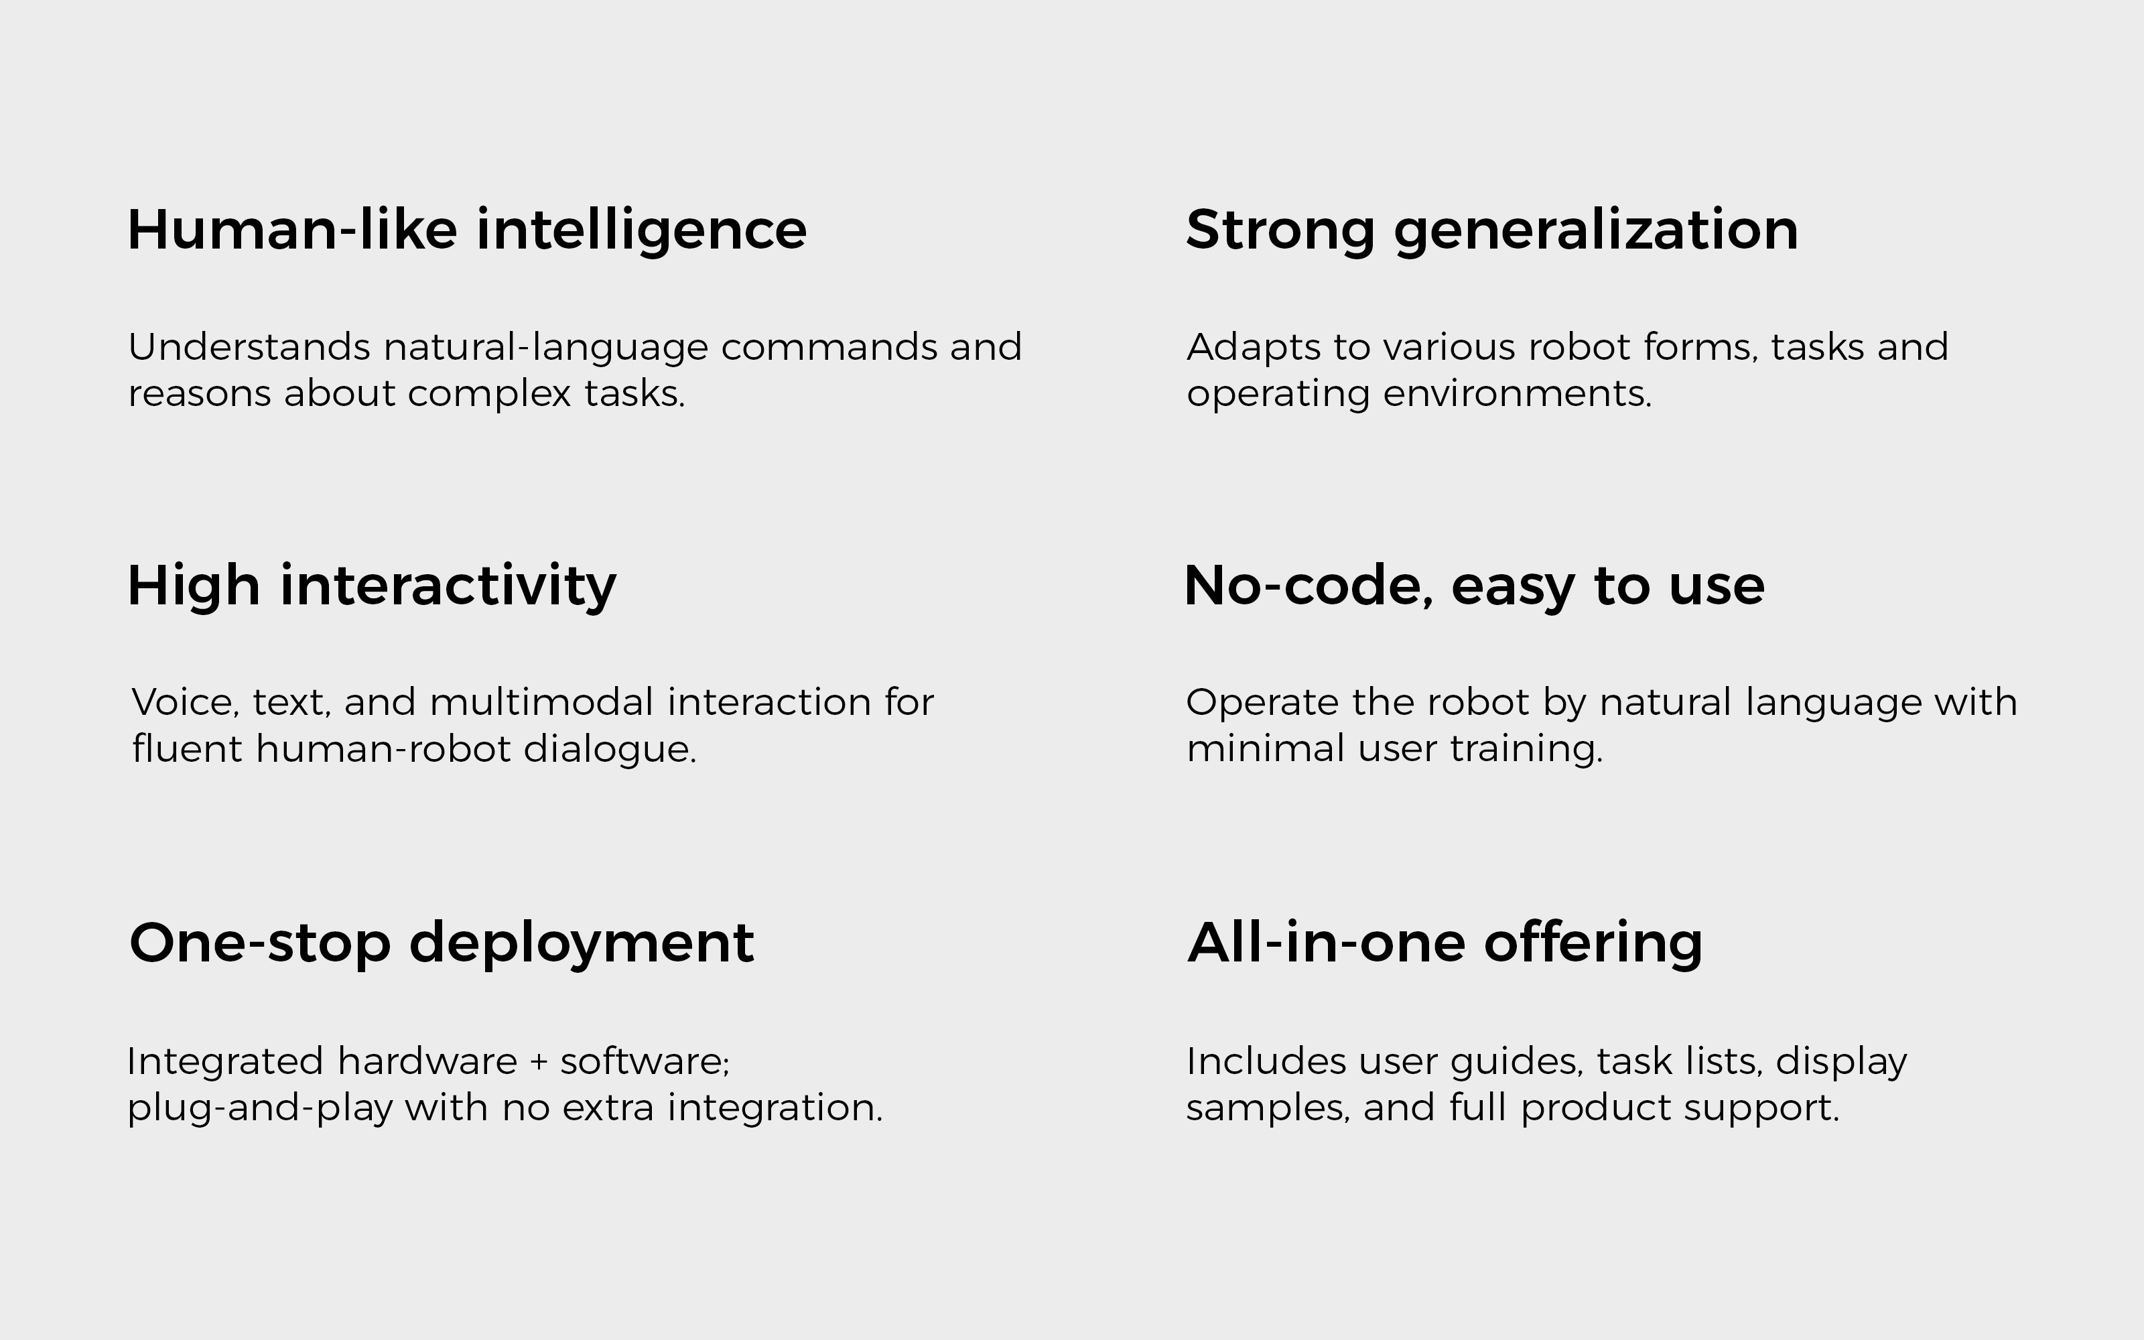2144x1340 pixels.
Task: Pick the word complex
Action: click(x=489, y=393)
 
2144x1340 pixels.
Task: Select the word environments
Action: click(x=1517, y=393)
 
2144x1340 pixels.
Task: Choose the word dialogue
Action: click(x=610, y=750)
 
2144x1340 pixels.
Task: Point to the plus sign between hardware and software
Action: click(x=539, y=1063)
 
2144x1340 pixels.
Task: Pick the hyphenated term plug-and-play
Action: click(x=259, y=1109)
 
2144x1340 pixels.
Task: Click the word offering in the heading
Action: click(x=1593, y=943)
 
